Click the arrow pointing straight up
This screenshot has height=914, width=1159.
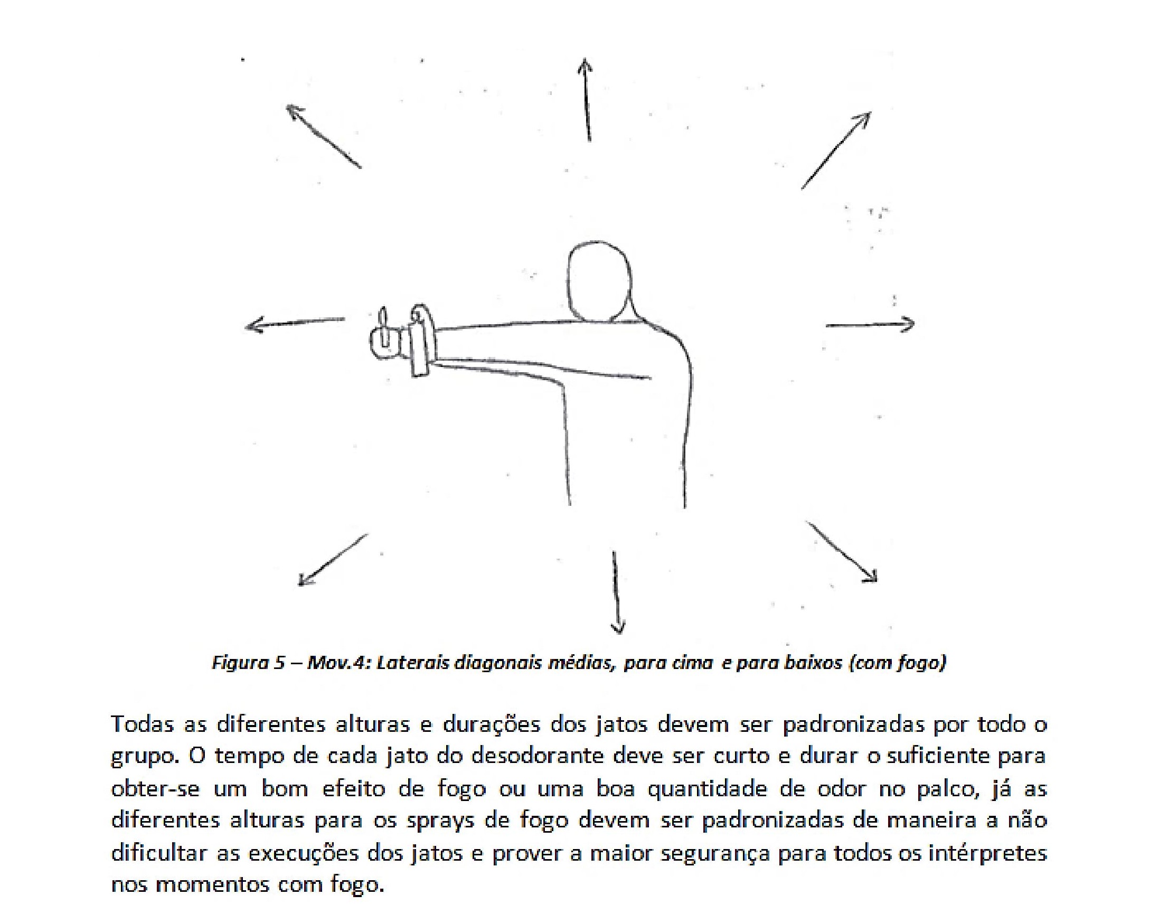(587, 100)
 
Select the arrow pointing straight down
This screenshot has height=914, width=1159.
(616, 592)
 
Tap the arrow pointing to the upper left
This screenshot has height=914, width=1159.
(323, 136)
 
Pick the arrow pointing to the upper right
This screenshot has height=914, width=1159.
(836, 150)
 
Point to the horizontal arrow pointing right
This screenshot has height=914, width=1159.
(871, 324)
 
